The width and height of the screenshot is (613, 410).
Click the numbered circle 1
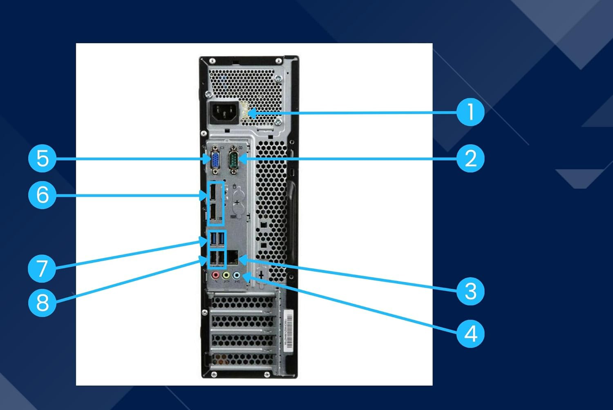click(x=470, y=112)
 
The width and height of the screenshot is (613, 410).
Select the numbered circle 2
click(x=470, y=158)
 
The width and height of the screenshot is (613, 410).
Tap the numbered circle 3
click(x=470, y=291)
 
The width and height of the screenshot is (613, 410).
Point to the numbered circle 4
click(x=470, y=334)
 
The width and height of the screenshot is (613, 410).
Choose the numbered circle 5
click(x=42, y=158)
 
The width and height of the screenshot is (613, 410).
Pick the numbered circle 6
click(x=42, y=195)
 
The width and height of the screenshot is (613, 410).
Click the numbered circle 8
click(x=42, y=303)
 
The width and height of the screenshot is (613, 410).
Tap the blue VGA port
click(x=215, y=159)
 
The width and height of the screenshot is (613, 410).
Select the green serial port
click(x=234, y=157)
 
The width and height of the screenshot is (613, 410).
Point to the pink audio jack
click(x=215, y=276)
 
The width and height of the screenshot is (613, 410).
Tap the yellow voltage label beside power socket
click(x=246, y=111)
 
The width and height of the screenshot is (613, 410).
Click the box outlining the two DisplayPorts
click(x=214, y=203)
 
